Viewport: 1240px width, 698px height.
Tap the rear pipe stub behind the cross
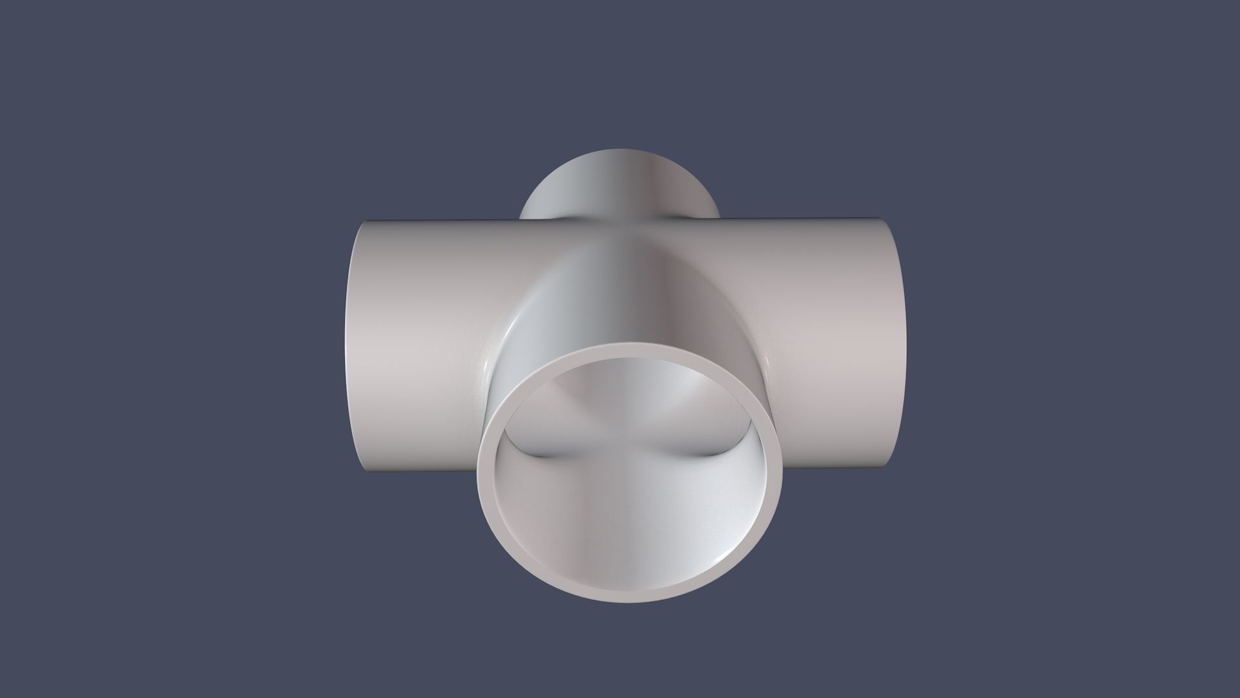[x=620, y=187]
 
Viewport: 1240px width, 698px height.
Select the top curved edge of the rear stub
[x=620, y=151]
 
